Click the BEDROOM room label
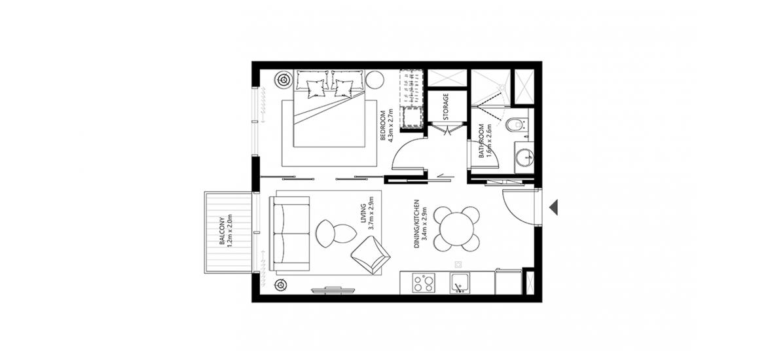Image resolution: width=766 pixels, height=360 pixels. point(383,126)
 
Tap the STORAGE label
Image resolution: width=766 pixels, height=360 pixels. point(446,107)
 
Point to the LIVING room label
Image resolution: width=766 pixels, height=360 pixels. point(363,217)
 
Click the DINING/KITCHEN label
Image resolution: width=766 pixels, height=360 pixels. point(417,223)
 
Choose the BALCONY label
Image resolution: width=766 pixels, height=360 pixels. point(223,232)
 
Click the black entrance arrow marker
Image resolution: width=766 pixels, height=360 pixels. point(553,207)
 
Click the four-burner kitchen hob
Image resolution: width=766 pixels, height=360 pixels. point(423,283)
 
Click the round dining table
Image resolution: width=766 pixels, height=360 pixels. point(457,228)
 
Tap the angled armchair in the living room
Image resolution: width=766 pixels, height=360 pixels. point(371,255)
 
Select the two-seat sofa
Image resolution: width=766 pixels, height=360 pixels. point(289,234)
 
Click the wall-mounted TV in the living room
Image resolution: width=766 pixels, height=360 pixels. point(333,290)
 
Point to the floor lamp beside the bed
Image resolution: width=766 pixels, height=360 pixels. point(283,79)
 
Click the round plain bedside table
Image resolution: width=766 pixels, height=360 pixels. point(375,79)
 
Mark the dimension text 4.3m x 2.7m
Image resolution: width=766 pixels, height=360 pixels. point(391,126)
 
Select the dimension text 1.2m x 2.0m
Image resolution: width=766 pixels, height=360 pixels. point(230,232)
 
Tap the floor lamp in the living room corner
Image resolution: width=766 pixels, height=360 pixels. point(280,284)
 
